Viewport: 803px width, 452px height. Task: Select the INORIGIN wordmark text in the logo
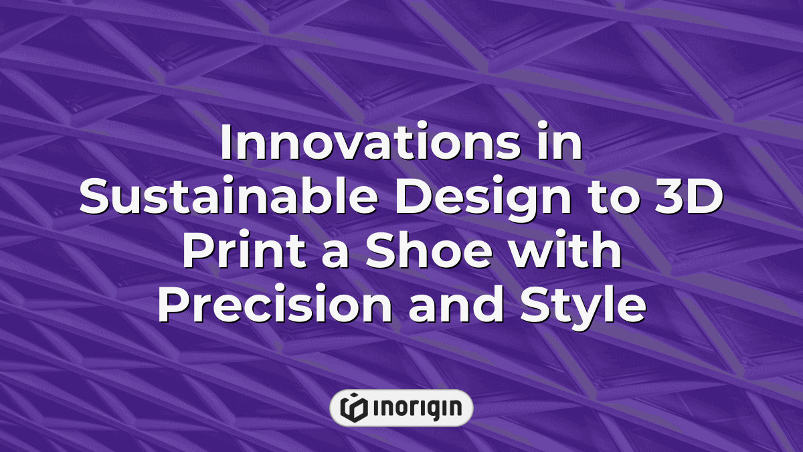pyautogui.click(x=413, y=408)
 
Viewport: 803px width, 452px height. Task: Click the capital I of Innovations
pyautogui.click(x=226, y=144)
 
